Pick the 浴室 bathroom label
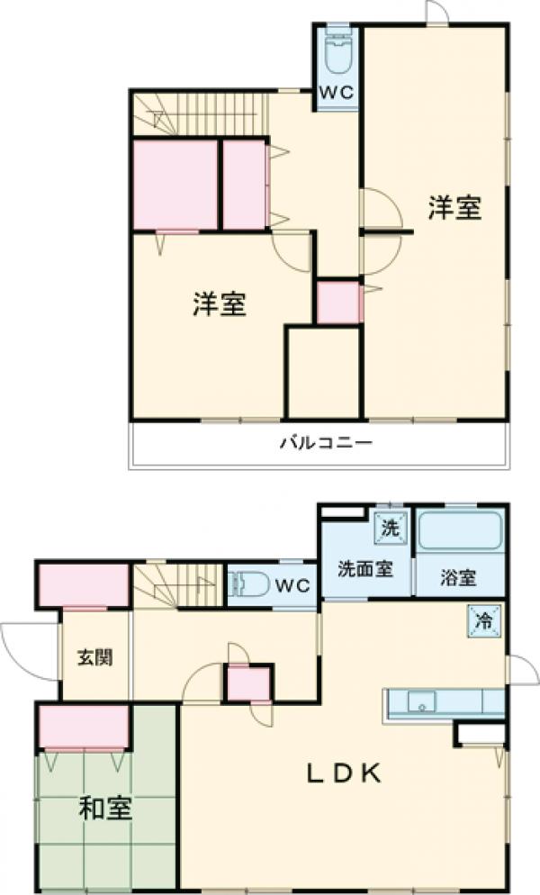pyautogui.click(x=458, y=578)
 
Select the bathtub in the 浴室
pyautogui.click(x=459, y=532)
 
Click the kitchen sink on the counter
pyautogui.click(x=421, y=701)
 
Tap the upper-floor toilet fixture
pyautogui.click(x=338, y=56)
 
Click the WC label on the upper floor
pyautogui.click(x=338, y=92)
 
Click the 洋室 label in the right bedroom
pyautogui.click(x=454, y=208)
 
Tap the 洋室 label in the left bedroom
pyautogui.click(x=220, y=305)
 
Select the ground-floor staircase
pyautogui.click(x=179, y=585)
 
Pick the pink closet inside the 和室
pyautogui.click(x=84, y=727)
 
